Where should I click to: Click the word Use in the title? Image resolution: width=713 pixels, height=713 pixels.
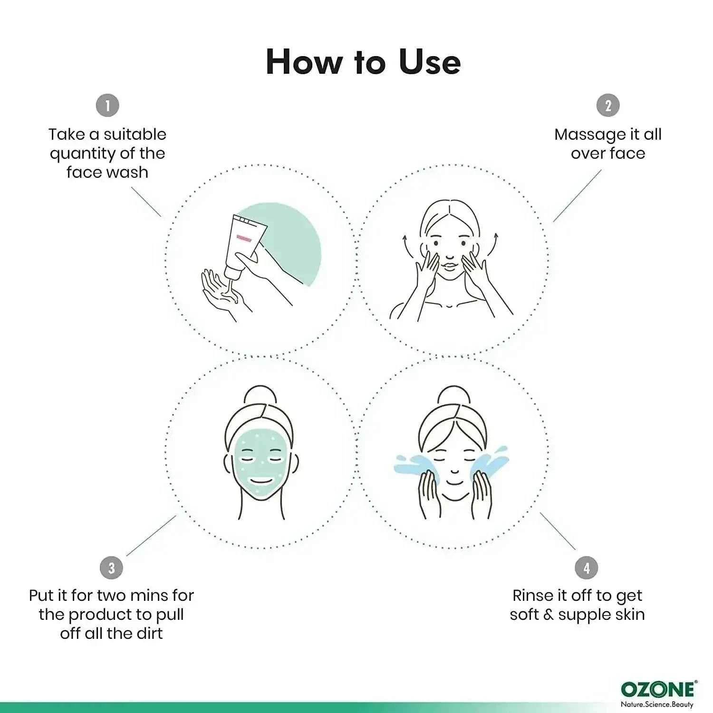430,62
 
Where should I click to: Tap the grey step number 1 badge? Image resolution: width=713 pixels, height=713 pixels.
107,105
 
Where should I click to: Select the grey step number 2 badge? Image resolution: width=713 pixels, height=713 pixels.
608,105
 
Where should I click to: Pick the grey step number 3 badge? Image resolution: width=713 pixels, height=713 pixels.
112,568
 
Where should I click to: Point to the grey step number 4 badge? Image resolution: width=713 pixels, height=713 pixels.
586,568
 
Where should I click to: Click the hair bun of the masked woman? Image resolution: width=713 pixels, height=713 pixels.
260,395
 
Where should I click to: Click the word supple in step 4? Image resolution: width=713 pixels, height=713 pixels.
585,615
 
